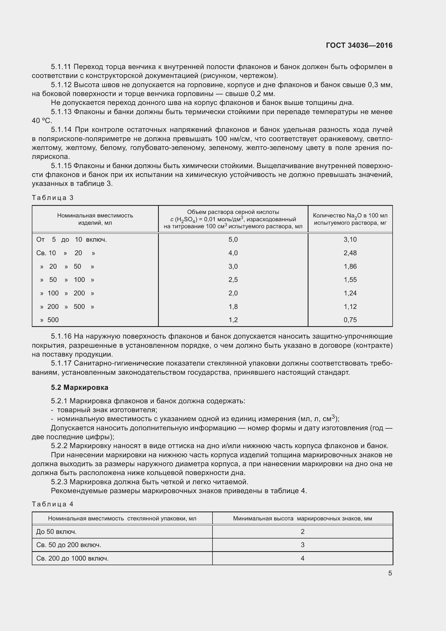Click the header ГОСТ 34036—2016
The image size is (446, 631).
359,45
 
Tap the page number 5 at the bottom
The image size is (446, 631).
390,573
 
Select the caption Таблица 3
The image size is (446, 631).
53,197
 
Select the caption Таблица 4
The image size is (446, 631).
53,504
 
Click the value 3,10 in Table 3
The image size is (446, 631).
350,239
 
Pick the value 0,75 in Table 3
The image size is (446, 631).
350,320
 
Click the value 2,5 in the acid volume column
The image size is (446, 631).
233,279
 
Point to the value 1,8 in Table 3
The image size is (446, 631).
233,306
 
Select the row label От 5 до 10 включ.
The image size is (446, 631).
71,239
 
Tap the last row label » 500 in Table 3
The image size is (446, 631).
49,320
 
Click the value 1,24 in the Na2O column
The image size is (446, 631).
350,293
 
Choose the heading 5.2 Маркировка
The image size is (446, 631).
79,387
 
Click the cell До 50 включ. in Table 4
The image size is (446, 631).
56,531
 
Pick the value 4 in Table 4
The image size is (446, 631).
302,558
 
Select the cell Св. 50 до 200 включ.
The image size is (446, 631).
69,545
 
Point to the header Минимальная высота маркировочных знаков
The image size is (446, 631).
302,518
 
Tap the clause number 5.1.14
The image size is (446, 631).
61,129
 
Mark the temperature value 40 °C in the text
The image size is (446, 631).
42,121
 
